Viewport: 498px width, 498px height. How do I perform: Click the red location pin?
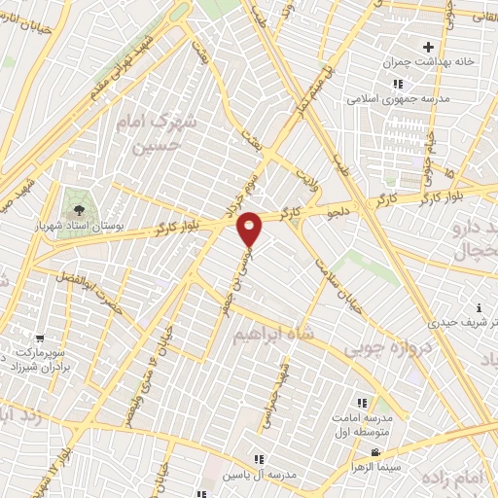tap(250, 228)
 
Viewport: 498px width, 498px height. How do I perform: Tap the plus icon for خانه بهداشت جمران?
tap(428, 47)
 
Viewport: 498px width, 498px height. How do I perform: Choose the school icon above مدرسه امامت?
tap(362, 403)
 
